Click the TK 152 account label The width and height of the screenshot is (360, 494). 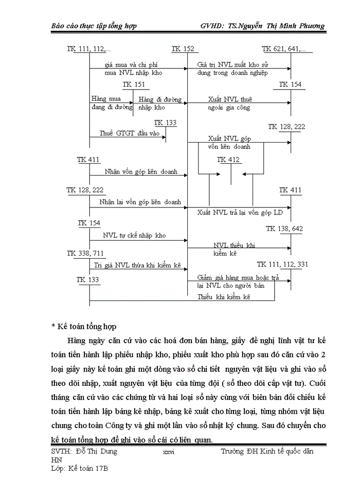183,49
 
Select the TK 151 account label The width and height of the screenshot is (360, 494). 134,85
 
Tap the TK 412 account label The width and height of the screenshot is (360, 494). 228,160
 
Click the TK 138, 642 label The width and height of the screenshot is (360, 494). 284,229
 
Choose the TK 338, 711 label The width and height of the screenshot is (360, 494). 85,253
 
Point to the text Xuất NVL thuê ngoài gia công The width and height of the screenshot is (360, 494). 230,103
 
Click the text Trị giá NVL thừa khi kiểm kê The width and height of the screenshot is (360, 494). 138,265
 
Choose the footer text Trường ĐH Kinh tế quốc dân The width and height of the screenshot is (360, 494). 267,451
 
